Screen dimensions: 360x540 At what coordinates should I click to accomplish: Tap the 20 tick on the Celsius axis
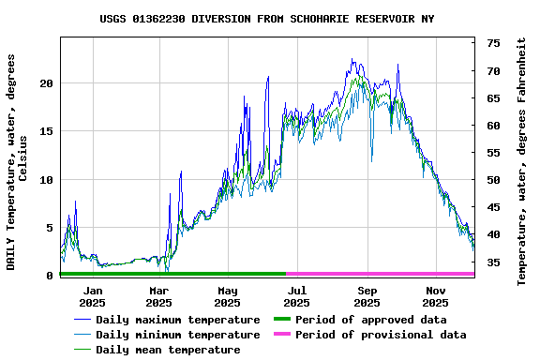tap(46, 83)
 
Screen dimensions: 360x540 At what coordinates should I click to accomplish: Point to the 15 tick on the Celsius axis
tap(46, 131)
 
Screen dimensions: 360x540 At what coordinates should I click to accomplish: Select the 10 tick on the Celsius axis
tap(46, 179)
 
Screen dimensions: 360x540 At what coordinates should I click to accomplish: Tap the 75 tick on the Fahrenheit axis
tap(493, 43)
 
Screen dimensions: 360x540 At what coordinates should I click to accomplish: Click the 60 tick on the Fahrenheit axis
tap(493, 125)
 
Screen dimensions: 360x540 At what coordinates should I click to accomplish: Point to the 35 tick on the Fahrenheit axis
tap(493, 262)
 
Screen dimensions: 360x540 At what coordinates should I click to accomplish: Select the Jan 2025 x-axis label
tap(92, 296)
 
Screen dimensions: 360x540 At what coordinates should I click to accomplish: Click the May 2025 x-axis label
tap(227, 296)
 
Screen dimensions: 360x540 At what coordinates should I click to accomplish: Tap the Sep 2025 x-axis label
tap(367, 296)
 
